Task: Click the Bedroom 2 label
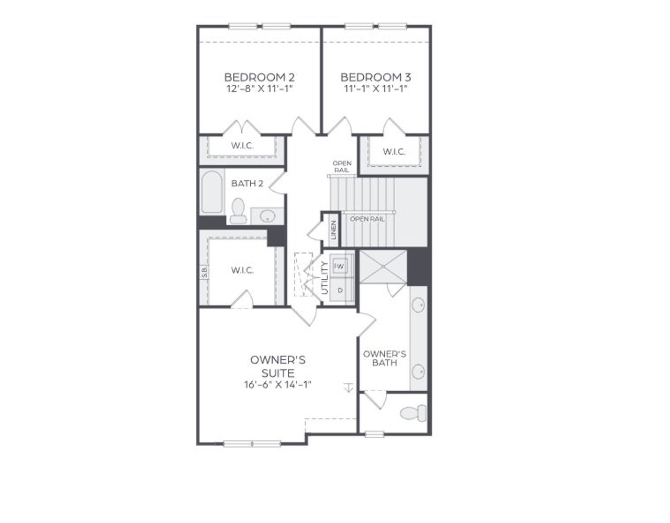tap(259, 77)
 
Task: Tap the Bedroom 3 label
tap(376, 77)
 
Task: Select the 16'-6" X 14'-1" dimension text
tap(278, 385)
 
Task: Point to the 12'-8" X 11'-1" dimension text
tap(259, 88)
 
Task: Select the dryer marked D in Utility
tap(340, 290)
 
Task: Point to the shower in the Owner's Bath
tap(383, 267)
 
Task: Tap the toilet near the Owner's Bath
tap(414, 413)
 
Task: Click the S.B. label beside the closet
tap(204, 272)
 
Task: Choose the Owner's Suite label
tap(278, 366)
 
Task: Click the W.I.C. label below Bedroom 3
tap(394, 152)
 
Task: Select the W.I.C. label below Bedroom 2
tap(242, 146)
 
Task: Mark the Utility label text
tap(325, 278)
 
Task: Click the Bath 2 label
tap(247, 184)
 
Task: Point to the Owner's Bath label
tap(384, 358)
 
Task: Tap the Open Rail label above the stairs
tap(342, 166)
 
